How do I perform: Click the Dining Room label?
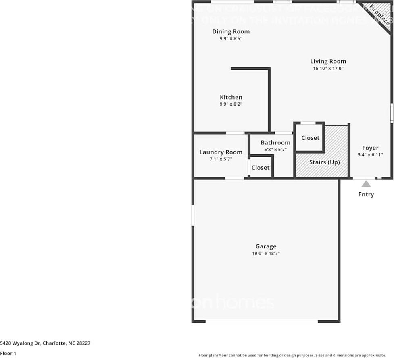[x=231, y=31]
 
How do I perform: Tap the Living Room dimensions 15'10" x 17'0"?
[x=328, y=69]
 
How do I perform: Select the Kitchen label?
[x=231, y=97]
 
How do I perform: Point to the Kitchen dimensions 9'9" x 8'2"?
[x=231, y=104]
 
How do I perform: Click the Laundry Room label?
[x=221, y=152]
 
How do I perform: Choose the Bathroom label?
[x=275, y=142]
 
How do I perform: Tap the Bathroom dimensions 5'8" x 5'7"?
[x=275, y=150]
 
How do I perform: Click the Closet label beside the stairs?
[x=310, y=138]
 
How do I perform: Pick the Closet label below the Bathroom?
[x=260, y=168]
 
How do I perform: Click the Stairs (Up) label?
[x=324, y=162]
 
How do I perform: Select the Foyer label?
[x=370, y=148]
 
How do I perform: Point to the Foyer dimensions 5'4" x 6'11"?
[x=370, y=155]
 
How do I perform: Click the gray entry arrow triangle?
[x=366, y=184]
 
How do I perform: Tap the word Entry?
[x=366, y=194]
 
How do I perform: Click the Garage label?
[x=266, y=246]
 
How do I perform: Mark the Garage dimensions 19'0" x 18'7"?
[x=266, y=254]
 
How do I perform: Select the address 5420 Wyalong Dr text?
[x=45, y=343]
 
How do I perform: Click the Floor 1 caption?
[x=8, y=354]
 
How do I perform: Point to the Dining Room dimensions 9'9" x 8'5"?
[x=231, y=39]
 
